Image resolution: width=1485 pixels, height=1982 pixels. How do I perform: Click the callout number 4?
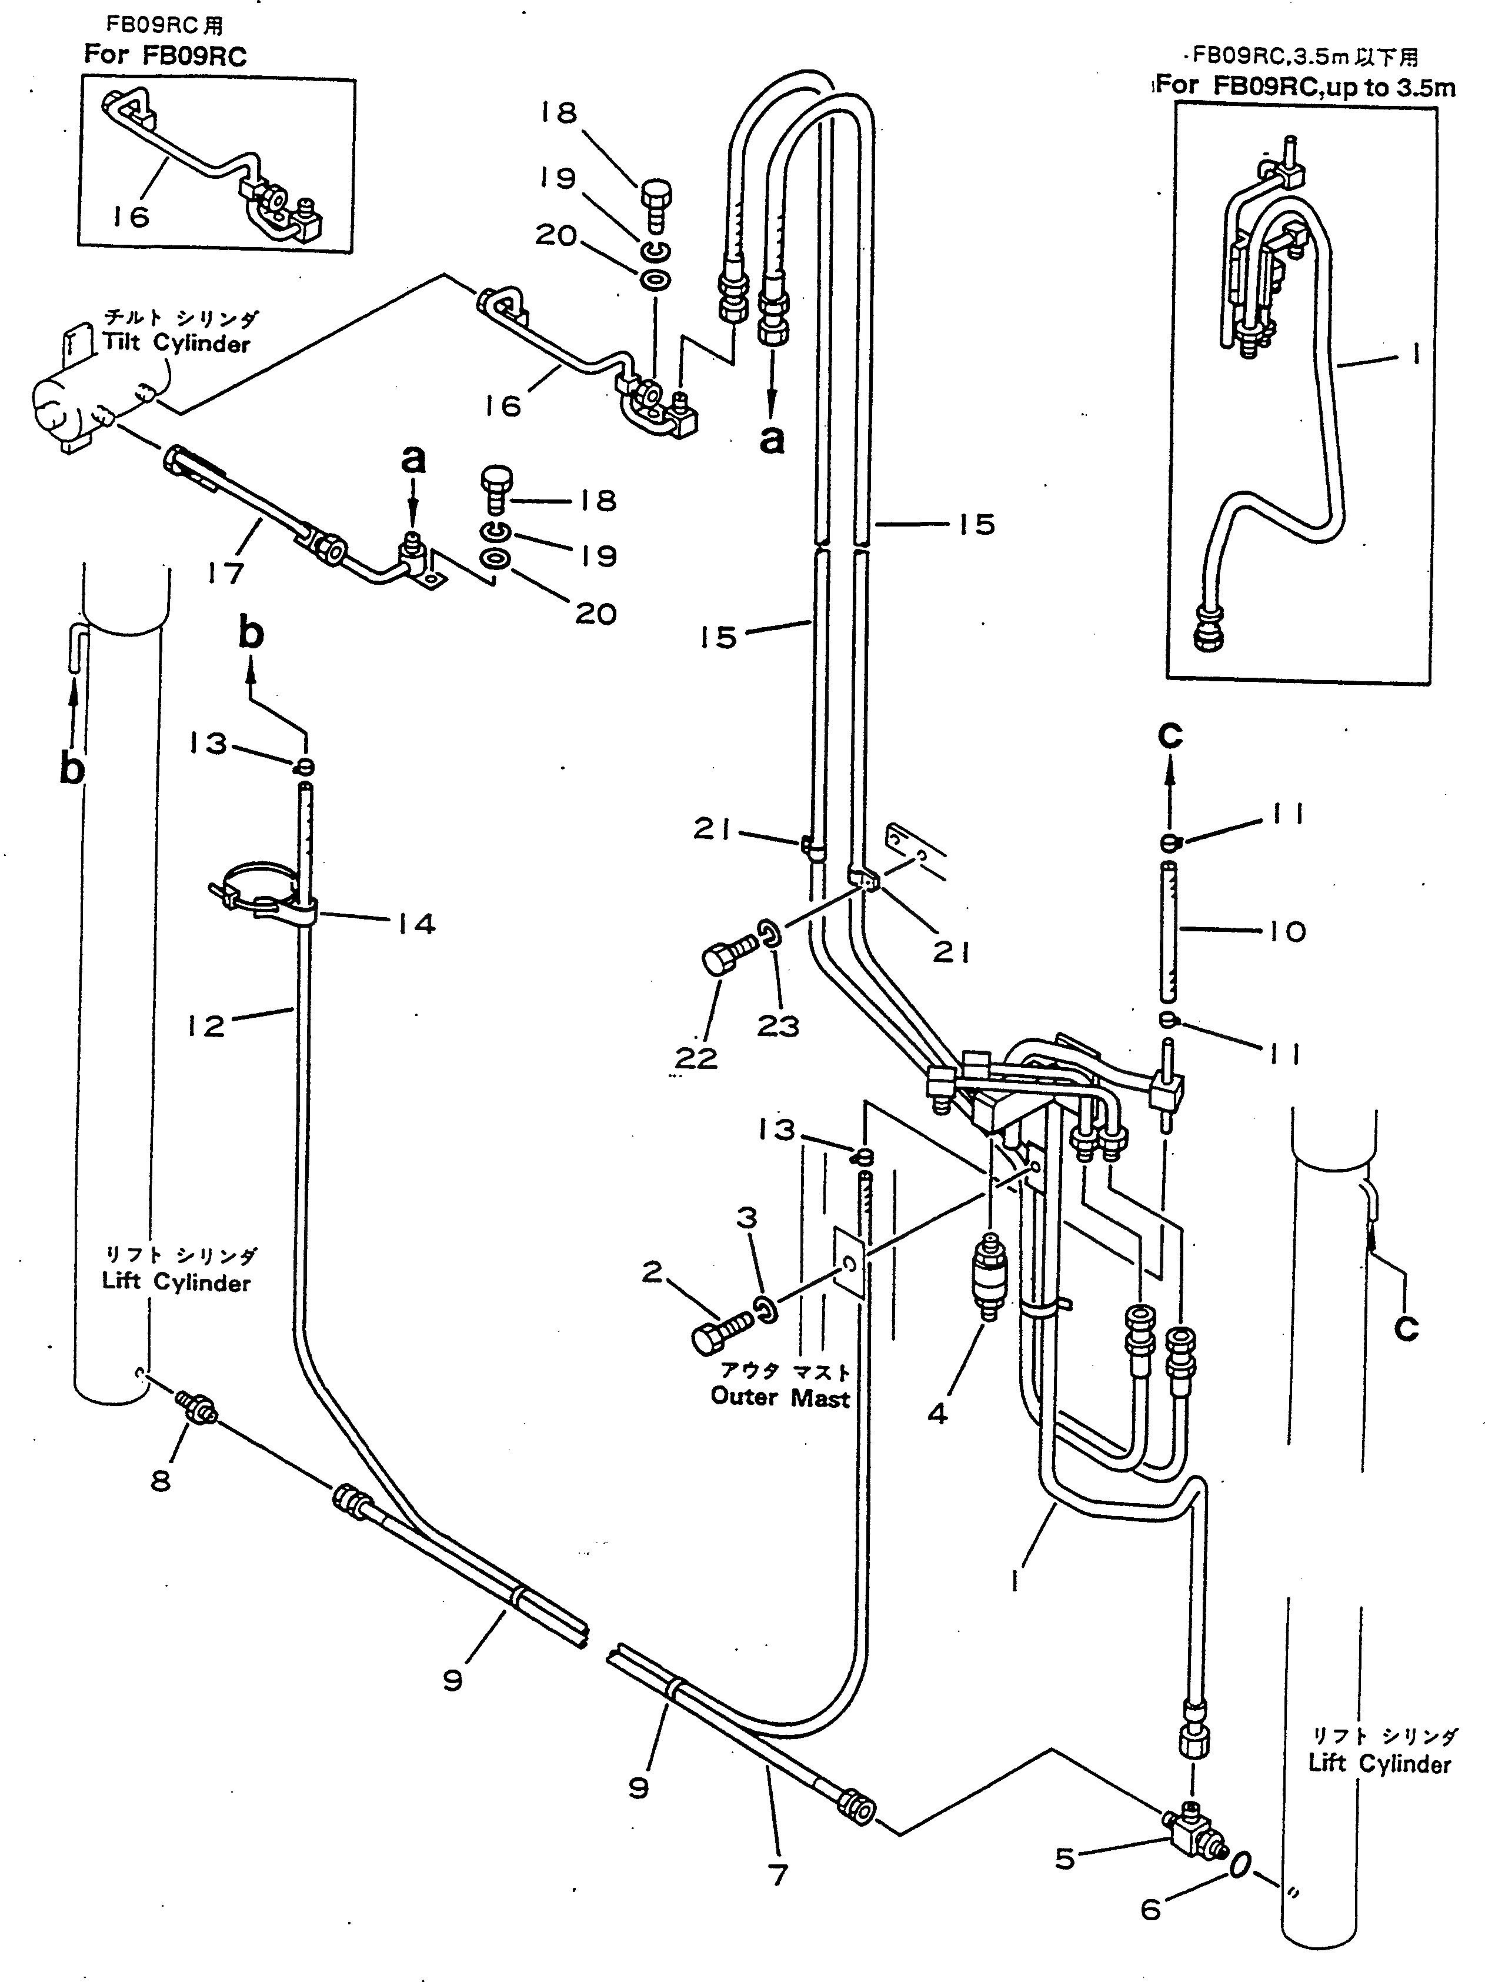(x=937, y=1413)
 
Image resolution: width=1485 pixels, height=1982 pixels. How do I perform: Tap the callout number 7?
(x=778, y=1873)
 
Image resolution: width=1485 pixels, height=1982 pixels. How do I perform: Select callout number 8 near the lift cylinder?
(x=161, y=1480)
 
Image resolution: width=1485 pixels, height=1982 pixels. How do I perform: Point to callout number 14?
(x=416, y=924)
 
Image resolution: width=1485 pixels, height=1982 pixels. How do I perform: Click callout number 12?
(x=206, y=1025)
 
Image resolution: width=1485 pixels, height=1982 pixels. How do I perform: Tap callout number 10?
(x=1287, y=932)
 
